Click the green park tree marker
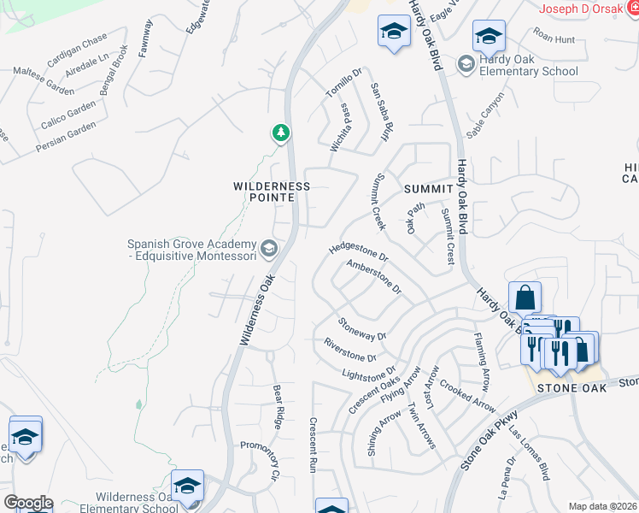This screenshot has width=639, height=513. coord(280,133)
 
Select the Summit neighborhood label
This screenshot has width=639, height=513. coord(427,188)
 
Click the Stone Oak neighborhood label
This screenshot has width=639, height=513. coord(572,387)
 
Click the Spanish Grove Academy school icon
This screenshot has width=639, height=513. coord(269,249)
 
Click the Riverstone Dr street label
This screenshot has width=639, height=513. coord(350,350)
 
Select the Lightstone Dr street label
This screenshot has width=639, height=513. coord(369,373)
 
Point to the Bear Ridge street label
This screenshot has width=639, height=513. coord(278,406)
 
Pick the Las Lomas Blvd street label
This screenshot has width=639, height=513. coord(529,449)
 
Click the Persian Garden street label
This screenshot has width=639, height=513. coord(66,137)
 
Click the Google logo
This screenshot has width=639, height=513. coord(28,503)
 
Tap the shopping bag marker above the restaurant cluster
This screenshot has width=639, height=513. coord(525,298)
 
